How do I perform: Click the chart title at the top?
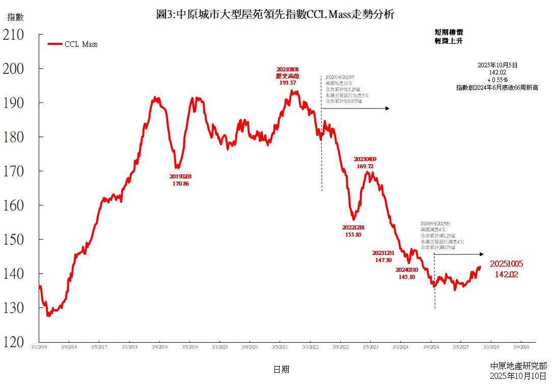(275, 14)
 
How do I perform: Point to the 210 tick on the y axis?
(13, 35)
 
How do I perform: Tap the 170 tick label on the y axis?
(13, 171)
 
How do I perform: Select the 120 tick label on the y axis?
(13, 342)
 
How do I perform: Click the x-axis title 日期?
(281, 369)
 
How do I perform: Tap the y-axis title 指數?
(15, 17)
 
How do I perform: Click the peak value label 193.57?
(288, 82)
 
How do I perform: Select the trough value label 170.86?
(180, 184)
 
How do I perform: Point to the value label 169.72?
(365, 166)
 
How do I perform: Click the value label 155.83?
(353, 235)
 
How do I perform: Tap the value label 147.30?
(383, 260)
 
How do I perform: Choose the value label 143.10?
(407, 277)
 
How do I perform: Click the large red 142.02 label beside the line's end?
(506, 274)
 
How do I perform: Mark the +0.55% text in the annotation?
(497, 81)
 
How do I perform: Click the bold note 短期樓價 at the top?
(448, 32)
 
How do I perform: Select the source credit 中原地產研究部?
(518, 366)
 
